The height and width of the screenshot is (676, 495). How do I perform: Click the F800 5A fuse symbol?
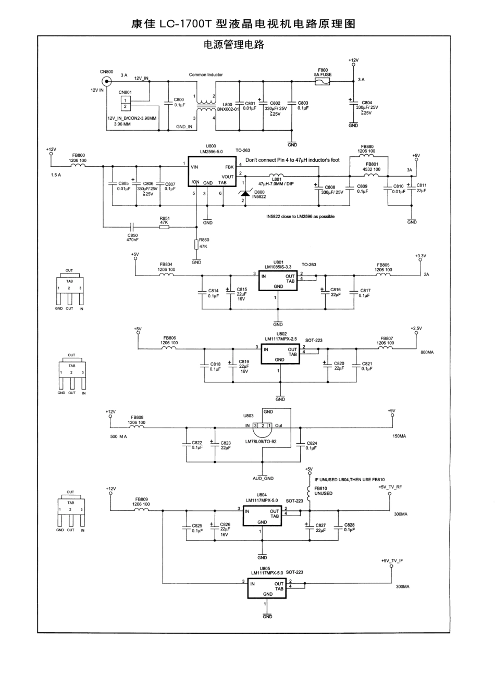pyautogui.click(x=323, y=81)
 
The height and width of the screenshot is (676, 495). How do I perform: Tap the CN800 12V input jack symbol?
pyautogui.click(x=107, y=81)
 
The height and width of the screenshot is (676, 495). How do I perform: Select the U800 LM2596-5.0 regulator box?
pyautogui.click(x=212, y=174)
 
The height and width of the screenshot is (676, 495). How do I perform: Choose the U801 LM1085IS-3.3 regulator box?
pyautogui.click(x=278, y=280)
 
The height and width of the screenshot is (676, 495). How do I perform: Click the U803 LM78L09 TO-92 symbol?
pyautogui.click(x=262, y=427)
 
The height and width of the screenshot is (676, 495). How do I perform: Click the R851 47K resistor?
pyautogui.click(x=164, y=227)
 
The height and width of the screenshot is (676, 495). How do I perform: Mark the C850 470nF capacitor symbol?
pyautogui.click(x=132, y=227)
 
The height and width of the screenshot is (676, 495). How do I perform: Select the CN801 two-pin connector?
pyautogui.click(x=125, y=103)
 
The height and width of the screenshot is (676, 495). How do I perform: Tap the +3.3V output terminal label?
pyautogui.click(x=420, y=256)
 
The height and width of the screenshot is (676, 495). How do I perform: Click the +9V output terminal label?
pyautogui.click(x=391, y=410)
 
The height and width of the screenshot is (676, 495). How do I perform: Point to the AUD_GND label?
pyautogui.click(x=263, y=478)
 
